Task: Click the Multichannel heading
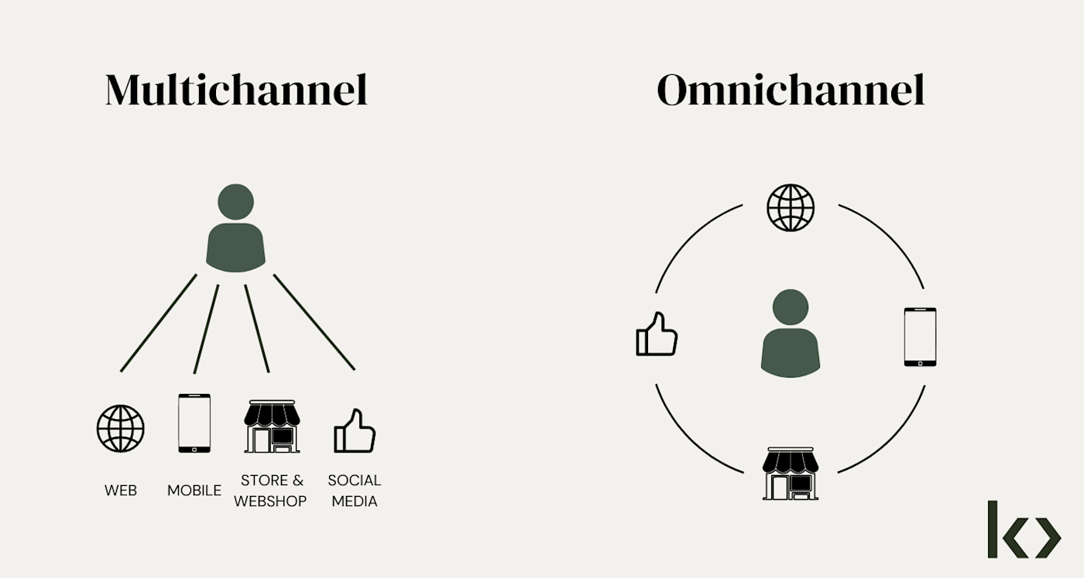(236, 90)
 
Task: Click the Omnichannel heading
(791, 90)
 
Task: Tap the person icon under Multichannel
(235, 229)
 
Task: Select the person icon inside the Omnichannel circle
(790, 334)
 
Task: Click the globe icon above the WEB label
(121, 428)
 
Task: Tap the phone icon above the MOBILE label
(194, 423)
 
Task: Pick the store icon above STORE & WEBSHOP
(272, 426)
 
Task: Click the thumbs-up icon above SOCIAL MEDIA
(354, 431)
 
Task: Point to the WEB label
(121, 491)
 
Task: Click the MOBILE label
(194, 491)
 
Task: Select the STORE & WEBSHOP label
(270, 491)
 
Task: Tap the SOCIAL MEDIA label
(355, 491)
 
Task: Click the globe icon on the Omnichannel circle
(791, 207)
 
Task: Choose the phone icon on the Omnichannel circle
(920, 337)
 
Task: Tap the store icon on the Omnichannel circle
(791, 473)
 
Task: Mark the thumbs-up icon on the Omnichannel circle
(656, 335)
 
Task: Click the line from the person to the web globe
(158, 323)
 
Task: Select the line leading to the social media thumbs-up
(314, 322)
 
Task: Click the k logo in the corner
(1024, 529)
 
